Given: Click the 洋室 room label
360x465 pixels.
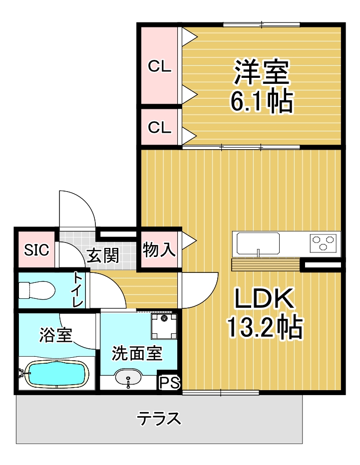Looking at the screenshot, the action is (x=261, y=72).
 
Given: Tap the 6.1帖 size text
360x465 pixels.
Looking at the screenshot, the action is (x=262, y=101).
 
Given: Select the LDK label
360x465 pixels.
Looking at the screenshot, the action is (x=264, y=298).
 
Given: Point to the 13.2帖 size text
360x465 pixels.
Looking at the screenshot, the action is (x=265, y=327).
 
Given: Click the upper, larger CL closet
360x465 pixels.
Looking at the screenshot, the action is (x=159, y=65).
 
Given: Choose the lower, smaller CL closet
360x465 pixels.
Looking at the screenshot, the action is (x=159, y=127).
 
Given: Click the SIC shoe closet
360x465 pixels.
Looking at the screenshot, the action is (x=36, y=249).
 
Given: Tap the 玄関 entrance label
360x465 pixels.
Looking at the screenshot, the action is (x=103, y=255).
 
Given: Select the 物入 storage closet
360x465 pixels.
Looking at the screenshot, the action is (x=159, y=249).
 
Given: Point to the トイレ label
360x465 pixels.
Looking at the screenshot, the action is (x=78, y=289).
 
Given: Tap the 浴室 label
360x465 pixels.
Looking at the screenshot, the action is (x=56, y=335).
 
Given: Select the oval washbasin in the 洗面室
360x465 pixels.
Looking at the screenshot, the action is (x=128, y=377).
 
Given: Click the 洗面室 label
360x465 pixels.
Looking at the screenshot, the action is (x=137, y=353).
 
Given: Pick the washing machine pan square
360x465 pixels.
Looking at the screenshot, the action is (x=164, y=326).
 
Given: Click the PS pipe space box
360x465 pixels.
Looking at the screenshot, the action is (x=169, y=382).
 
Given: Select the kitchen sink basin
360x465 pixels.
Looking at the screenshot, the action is (x=258, y=243).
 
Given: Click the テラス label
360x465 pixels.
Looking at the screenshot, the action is (x=159, y=419).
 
